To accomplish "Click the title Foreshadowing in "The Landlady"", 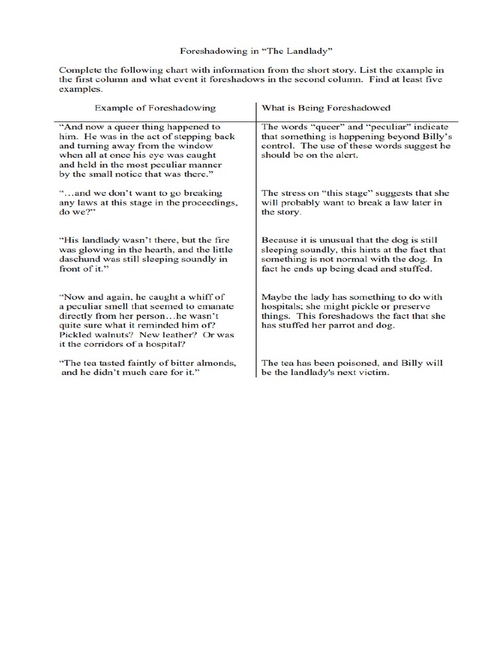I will tap(250, 50).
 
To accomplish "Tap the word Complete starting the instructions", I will tap(79, 69).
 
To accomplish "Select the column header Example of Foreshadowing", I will tap(155, 108).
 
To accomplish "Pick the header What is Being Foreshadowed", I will tap(326, 108).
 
